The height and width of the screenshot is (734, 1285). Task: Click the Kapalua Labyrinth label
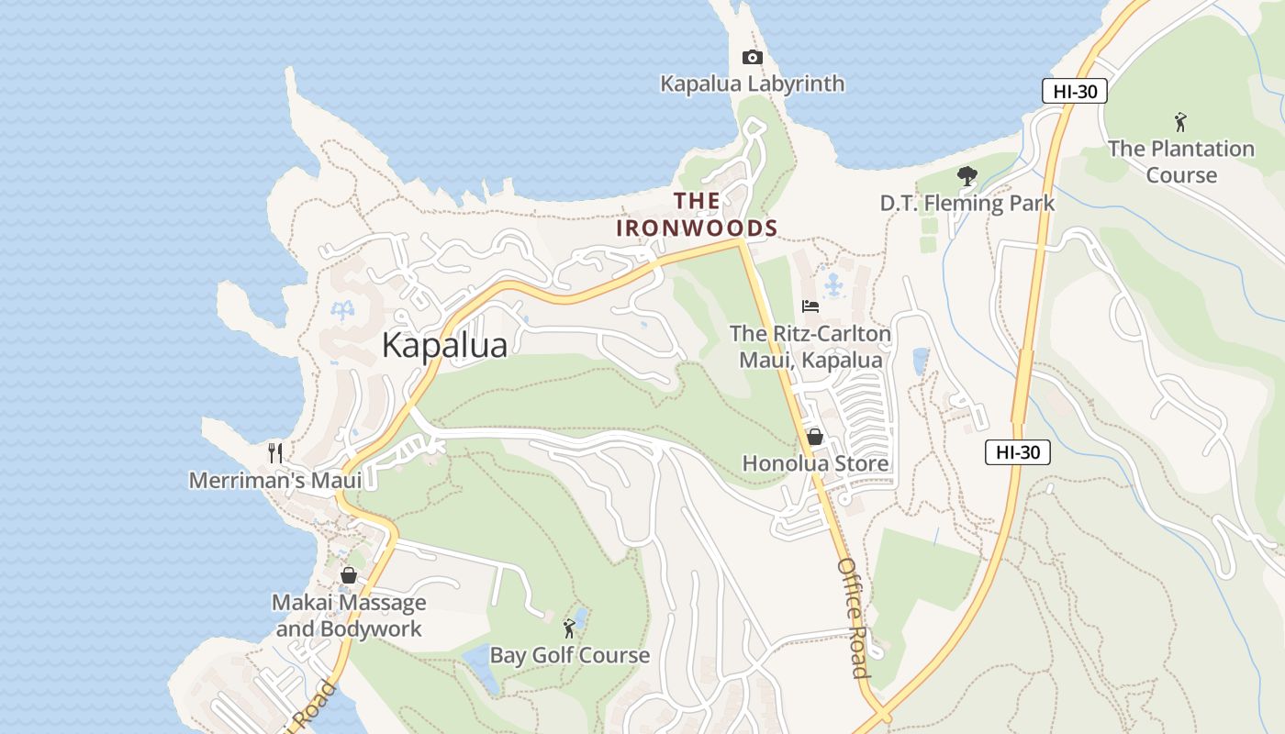[x=752, y=83]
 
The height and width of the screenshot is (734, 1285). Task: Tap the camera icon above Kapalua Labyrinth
[x=752, y=58]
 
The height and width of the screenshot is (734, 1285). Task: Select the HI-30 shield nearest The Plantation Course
[x=1075, y=91]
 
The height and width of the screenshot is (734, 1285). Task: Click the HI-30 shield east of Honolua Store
[x=1018, y=451]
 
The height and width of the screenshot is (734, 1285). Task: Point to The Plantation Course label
[x=1180, y=161]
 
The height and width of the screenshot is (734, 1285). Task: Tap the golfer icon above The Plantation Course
[x=1180, y=121]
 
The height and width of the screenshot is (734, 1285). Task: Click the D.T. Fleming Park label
[x=967, y=203]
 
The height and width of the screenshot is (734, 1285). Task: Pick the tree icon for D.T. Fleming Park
[x=967, y=176]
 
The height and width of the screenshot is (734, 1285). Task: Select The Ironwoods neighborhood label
[x=697, y=214]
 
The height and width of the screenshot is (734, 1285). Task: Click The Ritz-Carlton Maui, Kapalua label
[x=810, y=346]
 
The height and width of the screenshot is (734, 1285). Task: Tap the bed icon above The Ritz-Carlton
[x=810, y=306]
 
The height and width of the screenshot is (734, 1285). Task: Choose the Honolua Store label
[x=815, y=463]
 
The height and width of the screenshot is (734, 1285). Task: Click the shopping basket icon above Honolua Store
[x=814, y=437]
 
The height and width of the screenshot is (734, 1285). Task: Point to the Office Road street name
[x=853, y=617]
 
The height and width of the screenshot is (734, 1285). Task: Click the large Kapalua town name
[x=444, y=345]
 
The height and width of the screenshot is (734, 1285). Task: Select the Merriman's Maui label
[x=275, y=480]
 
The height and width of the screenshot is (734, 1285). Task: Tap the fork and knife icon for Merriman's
[x=274, y=452]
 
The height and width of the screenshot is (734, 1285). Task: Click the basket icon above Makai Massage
[x=349, y=575]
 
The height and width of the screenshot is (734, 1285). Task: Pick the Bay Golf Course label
[x=569, y=655]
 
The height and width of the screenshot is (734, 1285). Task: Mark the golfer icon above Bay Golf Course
[x=569, y=628]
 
